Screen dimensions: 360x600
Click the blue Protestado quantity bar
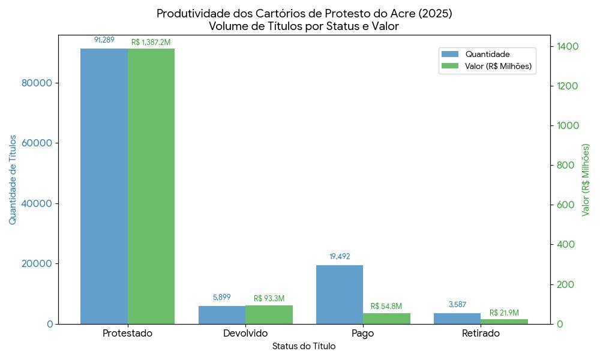click(104, 186)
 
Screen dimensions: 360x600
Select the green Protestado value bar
click(151, 186)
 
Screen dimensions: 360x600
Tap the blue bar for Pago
click(340, 294)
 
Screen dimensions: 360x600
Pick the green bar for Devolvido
click(269, 314)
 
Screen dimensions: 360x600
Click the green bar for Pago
click(386, 319)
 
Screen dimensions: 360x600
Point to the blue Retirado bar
click(457, 319)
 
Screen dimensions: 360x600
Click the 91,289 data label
click(104, 40)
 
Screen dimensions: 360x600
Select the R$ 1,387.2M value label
click(151, 43)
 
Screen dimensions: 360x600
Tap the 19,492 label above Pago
click(340, 257)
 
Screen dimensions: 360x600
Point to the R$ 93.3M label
click(269, 298)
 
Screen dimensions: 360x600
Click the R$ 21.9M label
click(504, 313)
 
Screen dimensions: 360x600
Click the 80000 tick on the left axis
click(37, 83)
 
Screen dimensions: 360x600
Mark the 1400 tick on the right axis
click(568, 46)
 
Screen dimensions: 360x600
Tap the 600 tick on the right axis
click(564, 205)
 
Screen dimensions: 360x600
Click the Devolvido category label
click(245, 334)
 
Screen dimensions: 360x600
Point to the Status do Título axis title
click(304, 346)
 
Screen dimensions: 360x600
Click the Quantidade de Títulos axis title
click(13, 180)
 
